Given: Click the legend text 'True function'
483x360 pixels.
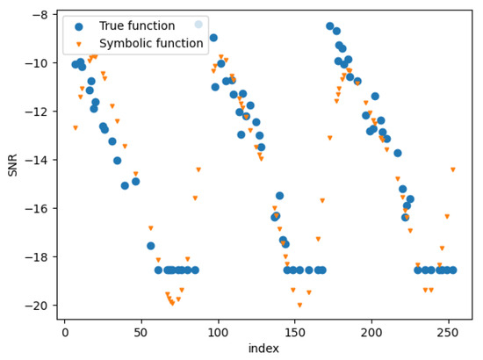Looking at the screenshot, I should [x=136, y=26].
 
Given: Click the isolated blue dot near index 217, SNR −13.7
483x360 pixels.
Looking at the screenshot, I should [x=397, y=153].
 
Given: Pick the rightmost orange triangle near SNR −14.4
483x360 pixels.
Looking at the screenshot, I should [x=452, y=170].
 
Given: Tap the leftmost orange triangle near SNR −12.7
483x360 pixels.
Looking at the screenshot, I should [x=75, y=128].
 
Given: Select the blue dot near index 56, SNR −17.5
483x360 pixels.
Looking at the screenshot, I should [x=150, y=246].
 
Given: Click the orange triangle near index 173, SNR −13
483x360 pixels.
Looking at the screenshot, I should [x=329, y=138].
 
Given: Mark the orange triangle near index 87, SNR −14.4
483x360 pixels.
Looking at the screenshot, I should [x=198, y=169].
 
